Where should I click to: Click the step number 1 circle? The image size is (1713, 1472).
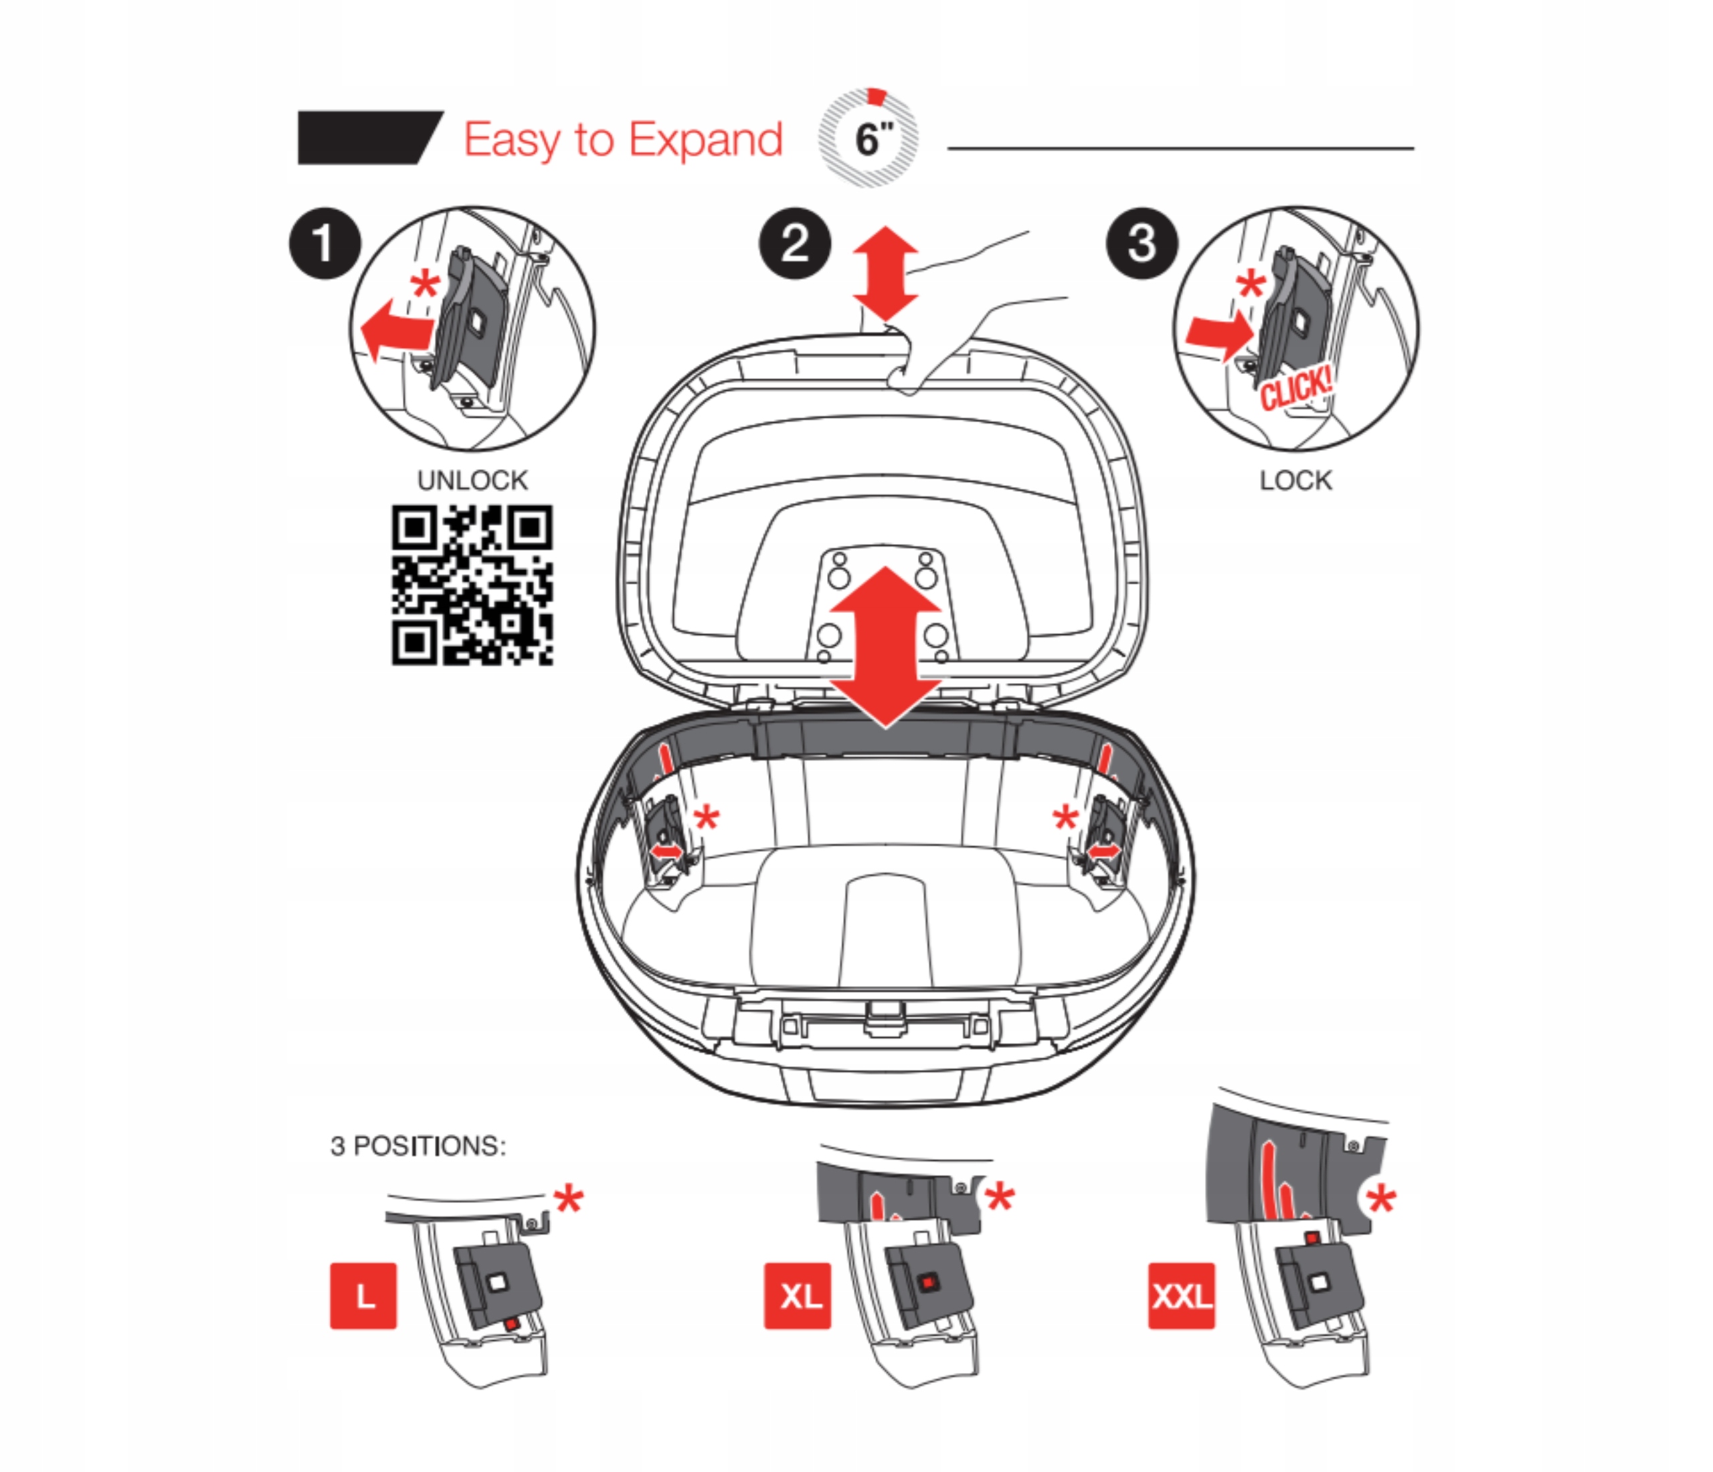tap(325, 244)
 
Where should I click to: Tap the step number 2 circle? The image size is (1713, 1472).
tap(794, 244)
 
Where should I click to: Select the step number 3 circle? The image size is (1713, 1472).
tap(1142, 244)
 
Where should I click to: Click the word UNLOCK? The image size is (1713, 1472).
tap(472, 480)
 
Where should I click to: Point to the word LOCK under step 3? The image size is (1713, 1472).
tap(1295, 480)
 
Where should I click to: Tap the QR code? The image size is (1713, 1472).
tap(472, 585)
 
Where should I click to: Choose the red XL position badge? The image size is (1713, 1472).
tap(797, 1295)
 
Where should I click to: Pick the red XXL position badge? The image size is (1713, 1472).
tap(1182, 1295)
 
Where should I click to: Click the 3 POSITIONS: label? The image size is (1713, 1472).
tap(418, 1146)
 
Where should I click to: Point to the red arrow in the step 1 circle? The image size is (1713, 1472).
tap(395, 329)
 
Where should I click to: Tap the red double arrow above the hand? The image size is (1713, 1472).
tap(885, 274)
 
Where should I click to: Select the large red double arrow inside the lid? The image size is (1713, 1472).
tap(885, 646)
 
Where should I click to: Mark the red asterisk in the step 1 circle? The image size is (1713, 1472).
tap(426, 286)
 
